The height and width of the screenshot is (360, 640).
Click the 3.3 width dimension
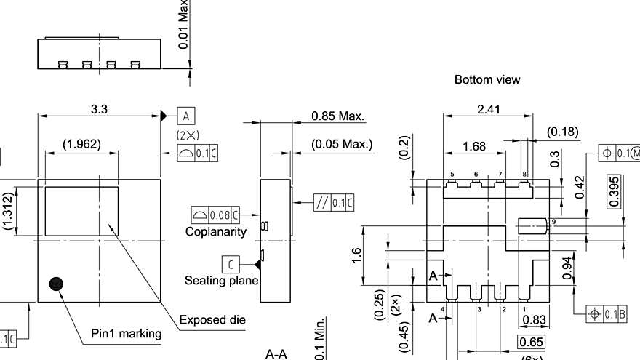[100, 109]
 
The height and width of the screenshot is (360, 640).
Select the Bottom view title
[487, 79]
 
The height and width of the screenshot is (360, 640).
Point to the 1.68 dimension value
[474, 147]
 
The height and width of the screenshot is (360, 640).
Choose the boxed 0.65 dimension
[532, 343]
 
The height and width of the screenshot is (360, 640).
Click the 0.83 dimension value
[535, 320]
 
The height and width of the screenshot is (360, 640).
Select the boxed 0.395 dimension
[615, 191]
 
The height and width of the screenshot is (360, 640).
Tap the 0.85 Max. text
[337, 116]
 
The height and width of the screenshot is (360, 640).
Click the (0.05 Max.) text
[342, 144]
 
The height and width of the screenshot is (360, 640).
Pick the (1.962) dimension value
[81, 144]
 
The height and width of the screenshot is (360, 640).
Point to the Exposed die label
[212, 320]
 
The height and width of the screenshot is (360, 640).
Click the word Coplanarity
[216, 232]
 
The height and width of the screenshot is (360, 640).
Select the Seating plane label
[221, 280]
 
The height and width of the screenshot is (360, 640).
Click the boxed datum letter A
[186, 116]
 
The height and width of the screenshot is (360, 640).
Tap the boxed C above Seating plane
[231, 263]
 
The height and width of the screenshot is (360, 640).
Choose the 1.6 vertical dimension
[357, 256]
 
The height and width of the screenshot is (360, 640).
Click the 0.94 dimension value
[567, 271]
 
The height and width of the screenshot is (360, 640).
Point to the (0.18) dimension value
[563, 132]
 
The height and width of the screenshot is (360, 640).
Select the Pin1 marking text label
[126, 334]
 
